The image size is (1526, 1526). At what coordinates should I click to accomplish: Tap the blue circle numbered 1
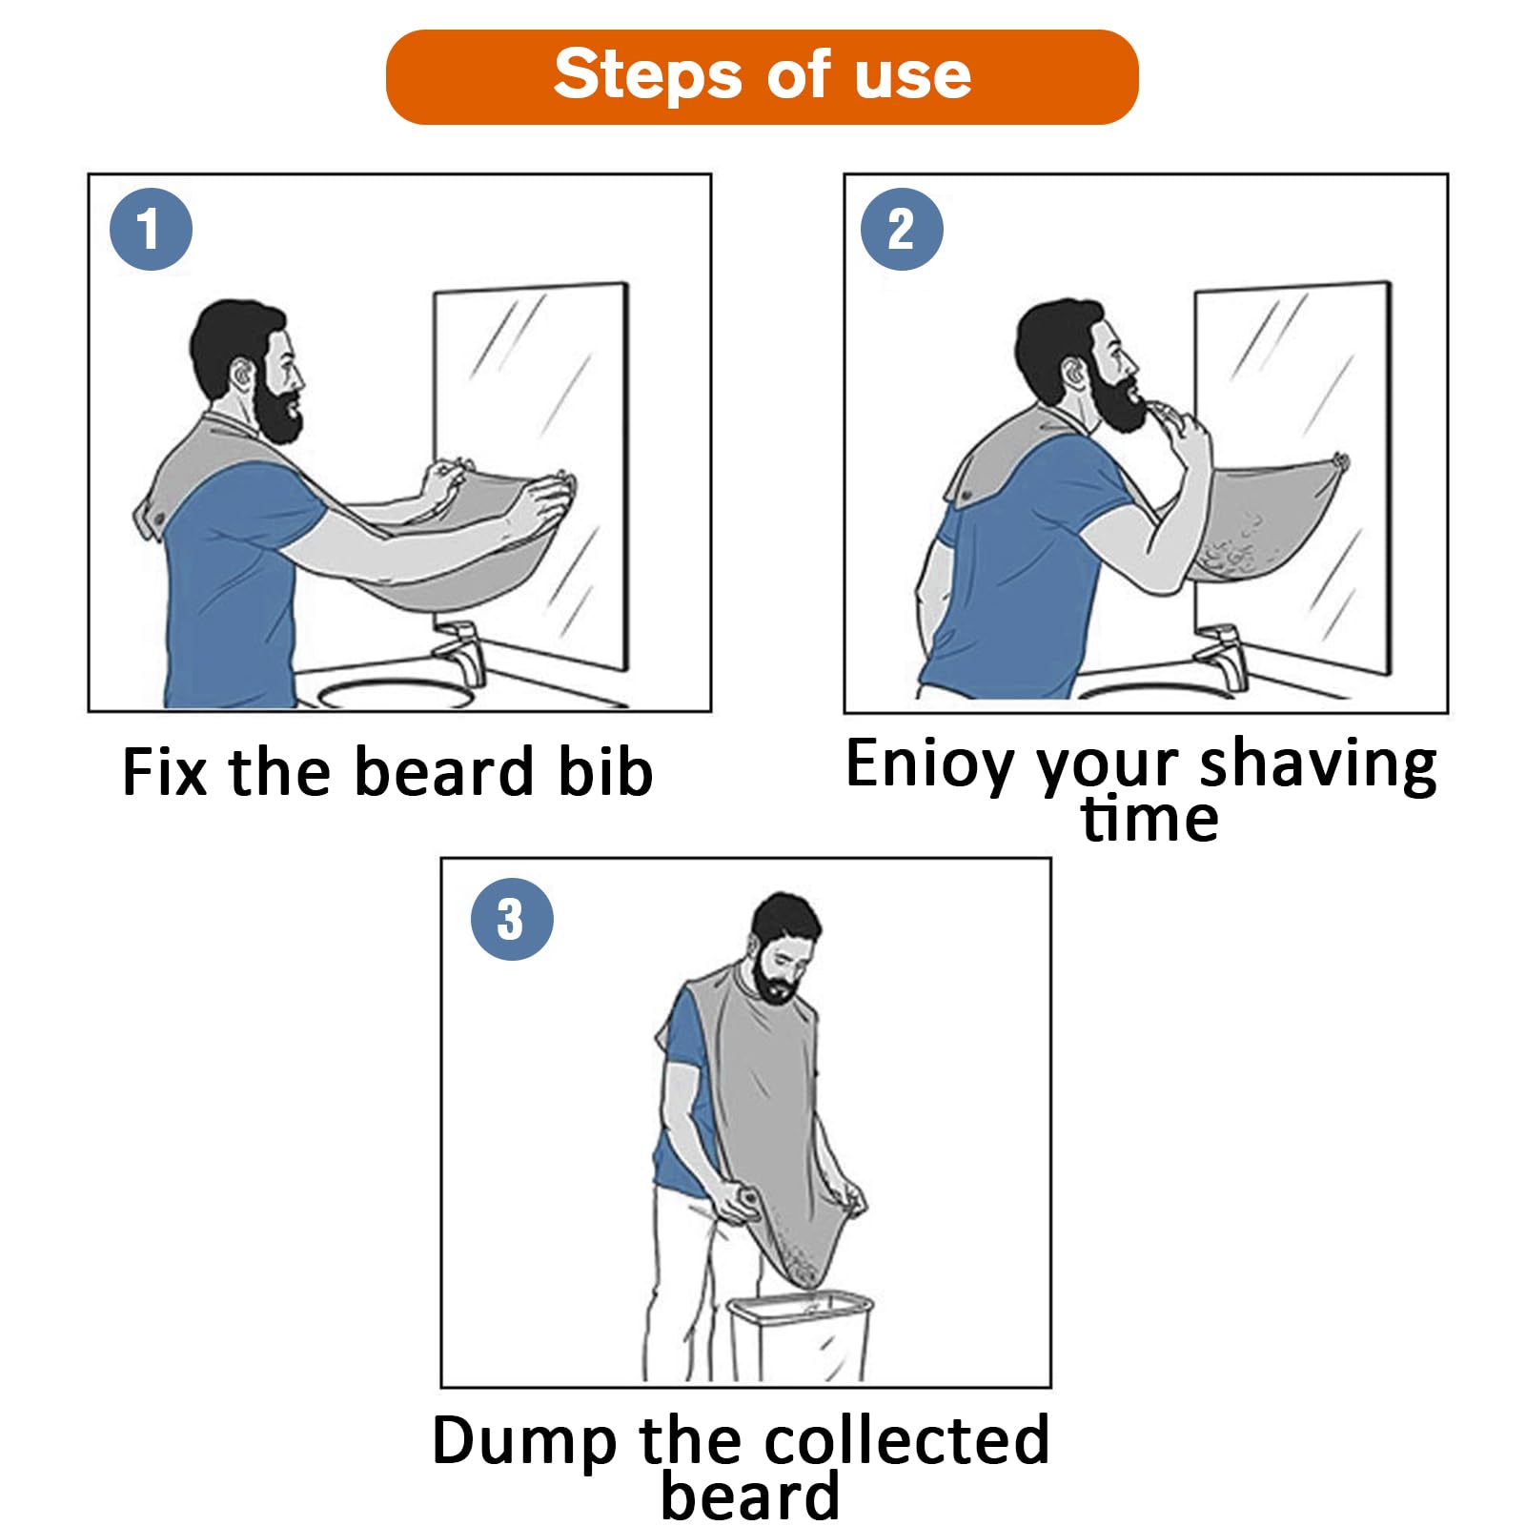151,229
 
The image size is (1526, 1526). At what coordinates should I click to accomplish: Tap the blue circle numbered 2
901,229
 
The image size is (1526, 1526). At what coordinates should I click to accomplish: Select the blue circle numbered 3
512,919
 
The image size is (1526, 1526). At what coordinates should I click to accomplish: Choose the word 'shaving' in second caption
1317,764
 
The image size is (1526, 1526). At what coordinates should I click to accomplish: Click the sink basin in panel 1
396,694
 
